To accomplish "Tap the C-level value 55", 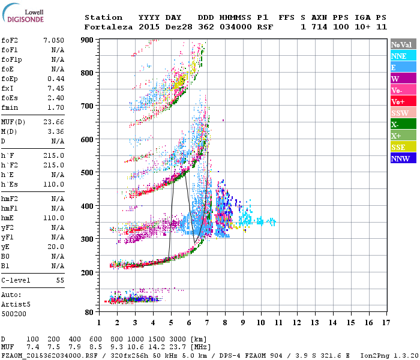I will pos(60,280).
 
